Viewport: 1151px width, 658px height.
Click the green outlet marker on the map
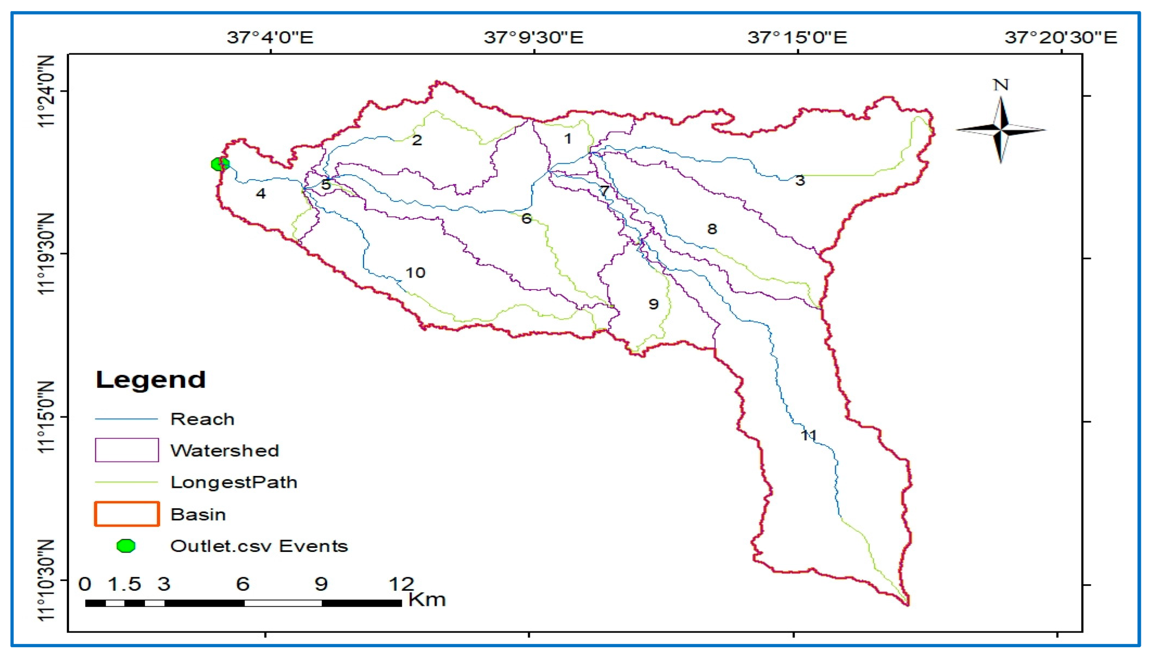click(220, 164)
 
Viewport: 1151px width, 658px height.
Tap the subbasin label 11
click(808, 435)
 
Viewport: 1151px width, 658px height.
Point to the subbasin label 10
click(415, 273)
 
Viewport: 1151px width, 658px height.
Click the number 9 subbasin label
click(653, 304)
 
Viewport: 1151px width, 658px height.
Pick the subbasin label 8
click(712, 229)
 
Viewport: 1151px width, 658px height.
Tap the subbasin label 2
click(416, 140)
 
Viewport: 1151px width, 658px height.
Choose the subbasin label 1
click(568, 138)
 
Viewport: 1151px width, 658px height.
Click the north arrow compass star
click(1001, 130)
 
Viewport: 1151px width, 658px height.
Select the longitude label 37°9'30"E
click(534, 37)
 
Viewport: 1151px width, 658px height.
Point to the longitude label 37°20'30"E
click(1061, 37)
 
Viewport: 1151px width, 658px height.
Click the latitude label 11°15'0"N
click(47, 417)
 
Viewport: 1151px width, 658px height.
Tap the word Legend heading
click(151, 380)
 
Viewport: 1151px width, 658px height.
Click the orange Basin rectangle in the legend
click(127, 514)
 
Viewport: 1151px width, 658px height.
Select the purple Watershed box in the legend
click(127, 450)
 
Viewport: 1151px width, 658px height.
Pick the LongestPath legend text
click(234, 482)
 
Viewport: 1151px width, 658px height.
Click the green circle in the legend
click(126, 546)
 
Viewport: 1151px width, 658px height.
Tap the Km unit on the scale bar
click(427, 600)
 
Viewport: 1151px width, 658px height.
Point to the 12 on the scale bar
click(401, 584)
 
